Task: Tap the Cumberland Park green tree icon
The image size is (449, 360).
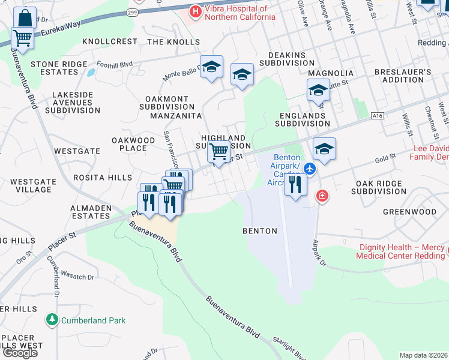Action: [53, 320]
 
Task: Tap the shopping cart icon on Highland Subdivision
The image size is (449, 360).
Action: [219, 151]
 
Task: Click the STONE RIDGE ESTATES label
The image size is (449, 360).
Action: [55, 68]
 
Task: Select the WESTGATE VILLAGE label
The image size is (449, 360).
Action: [31, 185]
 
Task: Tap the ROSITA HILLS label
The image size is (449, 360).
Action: [103, 178]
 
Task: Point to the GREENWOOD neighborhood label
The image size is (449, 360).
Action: [410, 212]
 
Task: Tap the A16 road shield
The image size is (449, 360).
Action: [377, 116]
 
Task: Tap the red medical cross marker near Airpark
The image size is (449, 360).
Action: [322, 196]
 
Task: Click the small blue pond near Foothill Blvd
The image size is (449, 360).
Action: [90, 72]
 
